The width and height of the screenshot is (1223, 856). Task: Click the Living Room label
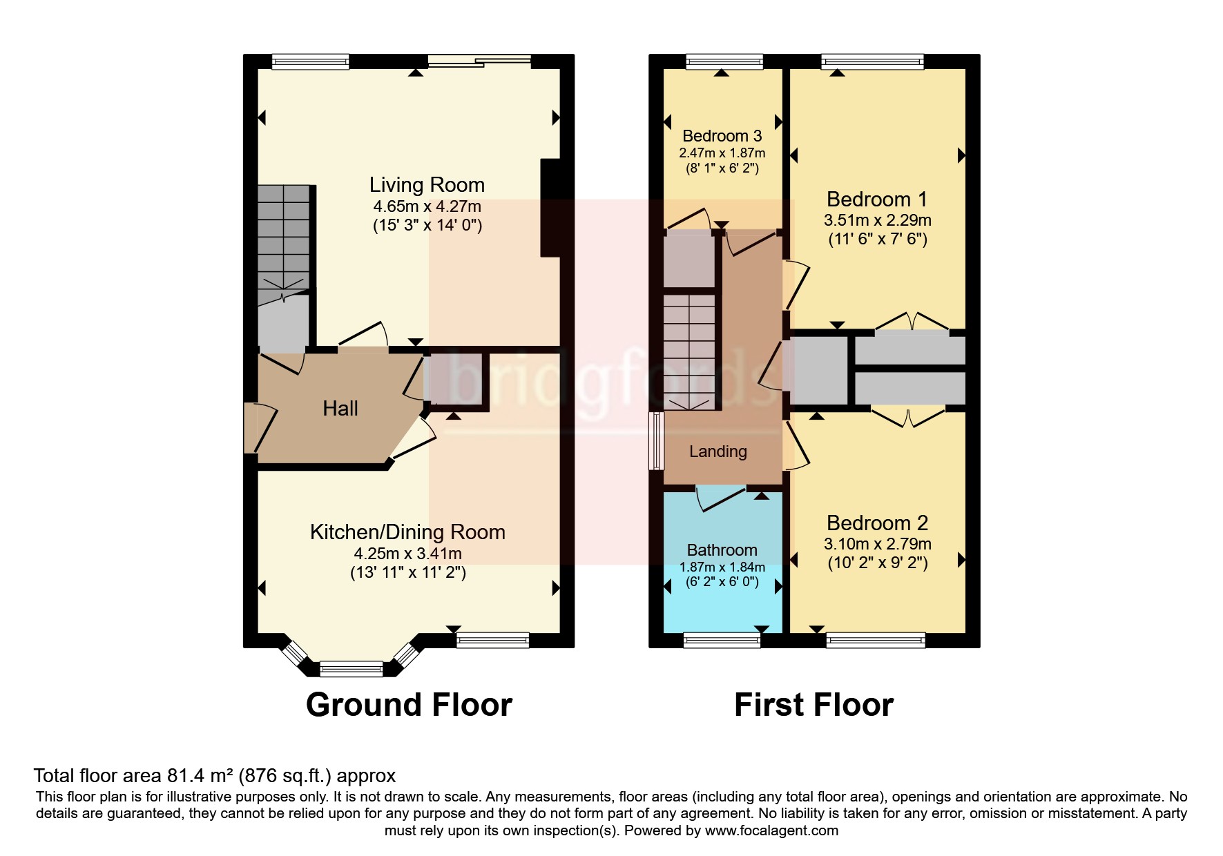click(427, 185)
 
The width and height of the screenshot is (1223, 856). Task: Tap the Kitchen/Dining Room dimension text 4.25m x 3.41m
click(407, 554)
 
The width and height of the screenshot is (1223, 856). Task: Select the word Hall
click(340, 409)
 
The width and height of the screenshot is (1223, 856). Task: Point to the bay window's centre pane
click(352, 668)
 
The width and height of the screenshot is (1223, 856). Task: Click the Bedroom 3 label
click(722, 136)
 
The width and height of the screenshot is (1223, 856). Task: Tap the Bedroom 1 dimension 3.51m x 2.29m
click(877, 220)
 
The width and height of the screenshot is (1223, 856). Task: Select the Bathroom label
click(722, 550)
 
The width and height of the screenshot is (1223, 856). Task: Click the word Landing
click(718, 451)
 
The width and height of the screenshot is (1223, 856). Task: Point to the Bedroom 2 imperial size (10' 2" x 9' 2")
click(877, 563)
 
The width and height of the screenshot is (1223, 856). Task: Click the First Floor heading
click(813, 705)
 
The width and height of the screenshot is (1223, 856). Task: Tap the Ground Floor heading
click(409, 705)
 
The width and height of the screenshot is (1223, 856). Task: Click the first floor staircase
click(688, 352)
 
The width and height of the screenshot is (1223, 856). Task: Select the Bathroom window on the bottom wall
click(722, 641)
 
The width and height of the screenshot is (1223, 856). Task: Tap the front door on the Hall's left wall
click(251, 428)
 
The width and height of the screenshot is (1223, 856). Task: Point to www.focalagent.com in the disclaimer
click(771, 830)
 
